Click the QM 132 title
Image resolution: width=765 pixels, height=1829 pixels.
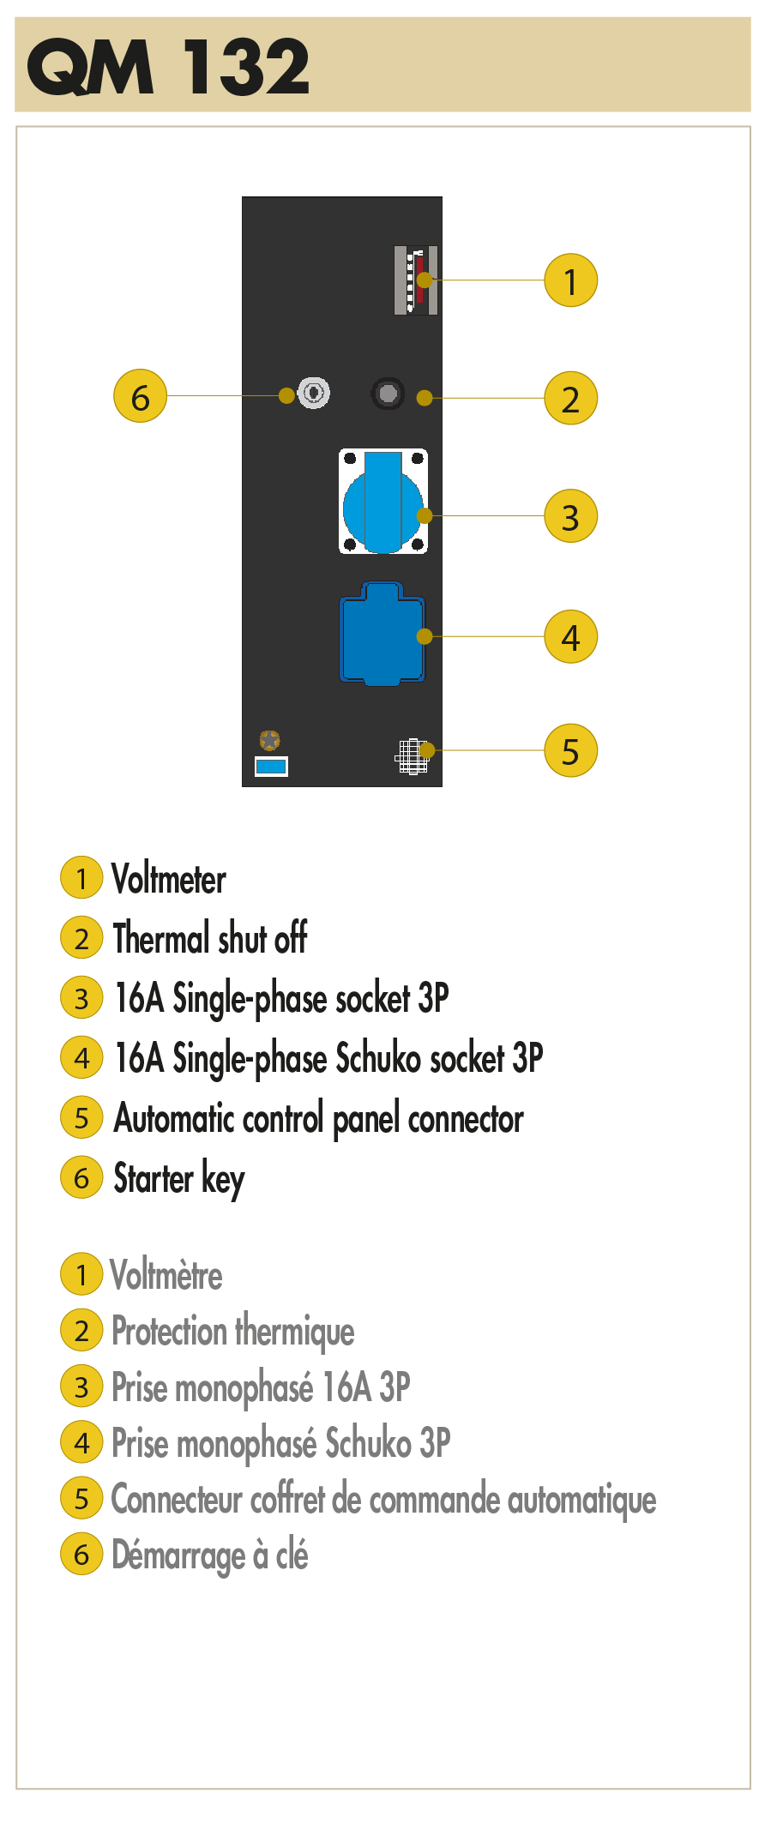coord(169,66)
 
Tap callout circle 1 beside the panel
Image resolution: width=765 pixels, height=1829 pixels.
coord(570,280)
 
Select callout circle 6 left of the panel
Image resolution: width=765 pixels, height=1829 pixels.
coord(141,395)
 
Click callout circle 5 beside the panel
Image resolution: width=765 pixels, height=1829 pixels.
coord(570,750)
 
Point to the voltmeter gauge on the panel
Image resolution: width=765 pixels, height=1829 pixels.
coord(416,280)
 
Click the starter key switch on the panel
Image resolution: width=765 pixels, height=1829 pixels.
coord(314,393)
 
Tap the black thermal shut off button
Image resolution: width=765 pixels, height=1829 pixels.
coord(388,394)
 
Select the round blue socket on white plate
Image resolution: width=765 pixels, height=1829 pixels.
coord(383,502)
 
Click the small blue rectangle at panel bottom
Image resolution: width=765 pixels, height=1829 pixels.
coord(271,767)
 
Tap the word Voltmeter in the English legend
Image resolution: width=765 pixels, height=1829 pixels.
coord(169,879)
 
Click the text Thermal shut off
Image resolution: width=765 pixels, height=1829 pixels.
coord(210,938)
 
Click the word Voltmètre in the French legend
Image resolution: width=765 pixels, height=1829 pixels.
coord(166,1275)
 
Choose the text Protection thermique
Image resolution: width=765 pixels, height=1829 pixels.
coord(233,1332)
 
